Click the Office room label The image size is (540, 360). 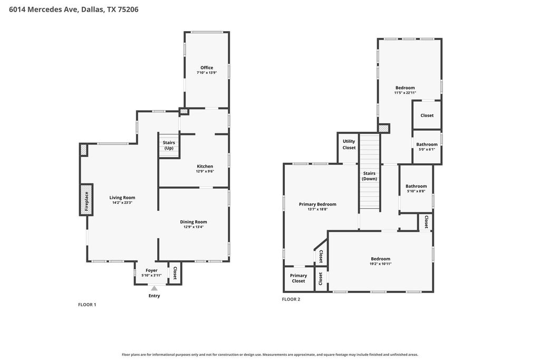[207, 68]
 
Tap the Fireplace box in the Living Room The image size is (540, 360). [86, 200]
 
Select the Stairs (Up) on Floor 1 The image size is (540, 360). [169, 145]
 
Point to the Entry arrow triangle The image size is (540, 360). [155, 288]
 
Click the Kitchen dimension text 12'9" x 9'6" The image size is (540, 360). [205, 171]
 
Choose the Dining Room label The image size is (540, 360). [193, 222]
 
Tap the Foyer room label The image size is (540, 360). [151, 270]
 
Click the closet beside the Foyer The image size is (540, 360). [175, 273]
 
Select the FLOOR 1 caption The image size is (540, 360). [87, 305]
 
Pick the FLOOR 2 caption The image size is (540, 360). [291, 299]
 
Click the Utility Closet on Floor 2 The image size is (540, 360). [349, 148]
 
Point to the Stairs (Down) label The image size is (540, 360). [369, 176]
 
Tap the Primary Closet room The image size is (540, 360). [298, 278]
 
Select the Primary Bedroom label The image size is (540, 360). [317, 204]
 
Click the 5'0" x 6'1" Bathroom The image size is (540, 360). [427, 147]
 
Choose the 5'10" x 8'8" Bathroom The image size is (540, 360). [416, 189]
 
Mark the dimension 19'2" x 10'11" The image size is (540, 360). [381, 264]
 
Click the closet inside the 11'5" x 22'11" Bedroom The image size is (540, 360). [427, 115]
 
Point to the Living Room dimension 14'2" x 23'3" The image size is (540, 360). [122, 203]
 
